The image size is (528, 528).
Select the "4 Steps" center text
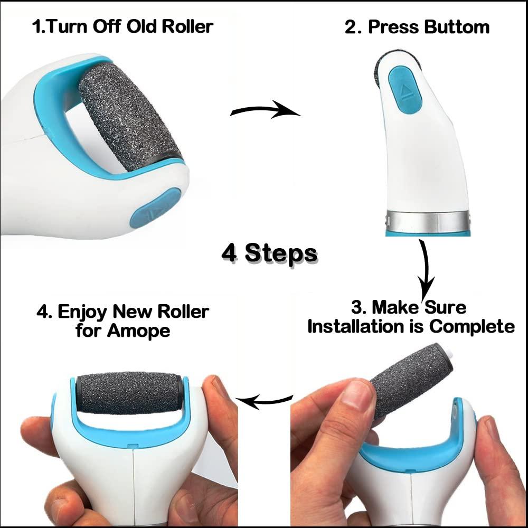pos(269,253)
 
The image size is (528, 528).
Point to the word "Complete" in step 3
pos(472,326)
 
